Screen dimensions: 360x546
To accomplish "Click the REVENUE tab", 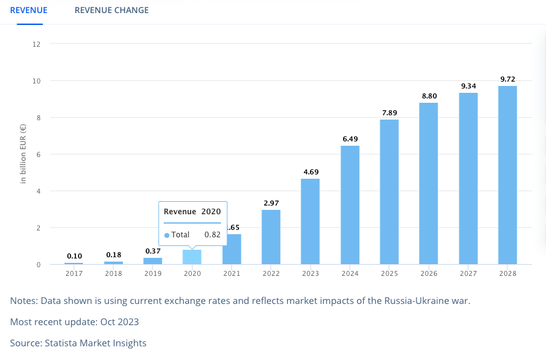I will (x=29, y=10).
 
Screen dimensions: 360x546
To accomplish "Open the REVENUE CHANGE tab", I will (x=111, y=10).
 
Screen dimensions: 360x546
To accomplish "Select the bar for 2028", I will (x=507, y=174).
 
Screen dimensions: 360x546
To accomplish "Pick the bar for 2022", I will (x=271, y=237).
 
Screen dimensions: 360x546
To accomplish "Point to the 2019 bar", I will (x=153, y=261).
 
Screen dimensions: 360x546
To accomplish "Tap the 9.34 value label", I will (x=468, y=86).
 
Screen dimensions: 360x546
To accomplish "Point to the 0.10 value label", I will (x=73, y=256).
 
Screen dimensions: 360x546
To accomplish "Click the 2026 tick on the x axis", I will (x=428, y=273).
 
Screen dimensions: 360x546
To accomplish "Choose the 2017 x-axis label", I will (x=73, y=273).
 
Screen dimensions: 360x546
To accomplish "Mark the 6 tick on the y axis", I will (x=38, y=154).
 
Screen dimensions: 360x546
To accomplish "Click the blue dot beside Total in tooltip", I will (x=167, y=235).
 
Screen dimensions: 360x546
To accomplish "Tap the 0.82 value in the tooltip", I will (x=213, y=235).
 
